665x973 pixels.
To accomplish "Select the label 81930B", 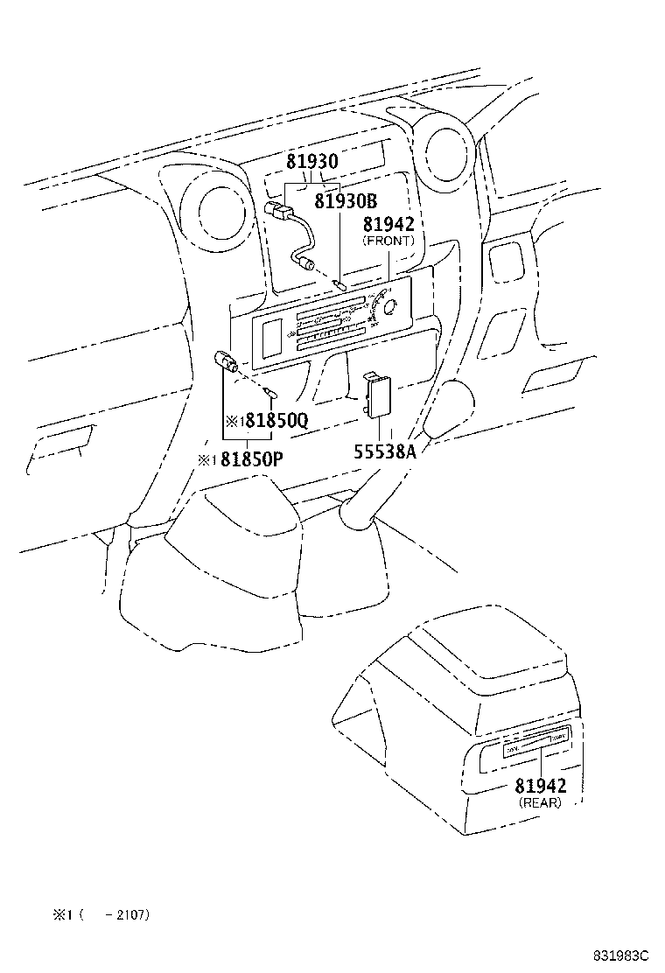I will pos(345,201).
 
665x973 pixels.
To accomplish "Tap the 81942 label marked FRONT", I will pos(388,225).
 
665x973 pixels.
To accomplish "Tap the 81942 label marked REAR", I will pos(540,785).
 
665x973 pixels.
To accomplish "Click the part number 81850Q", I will pos(276,420).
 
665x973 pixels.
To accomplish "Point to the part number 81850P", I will pos(251,458).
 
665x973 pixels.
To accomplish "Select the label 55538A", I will pos(384,451).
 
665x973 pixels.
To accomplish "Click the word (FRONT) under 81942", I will pos(388,241).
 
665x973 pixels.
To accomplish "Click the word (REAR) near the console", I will pos(540,801).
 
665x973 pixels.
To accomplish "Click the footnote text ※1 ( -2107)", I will pos(101,915).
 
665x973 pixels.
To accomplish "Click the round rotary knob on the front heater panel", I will pos(389,307).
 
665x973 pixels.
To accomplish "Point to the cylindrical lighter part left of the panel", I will pos(227,361).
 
